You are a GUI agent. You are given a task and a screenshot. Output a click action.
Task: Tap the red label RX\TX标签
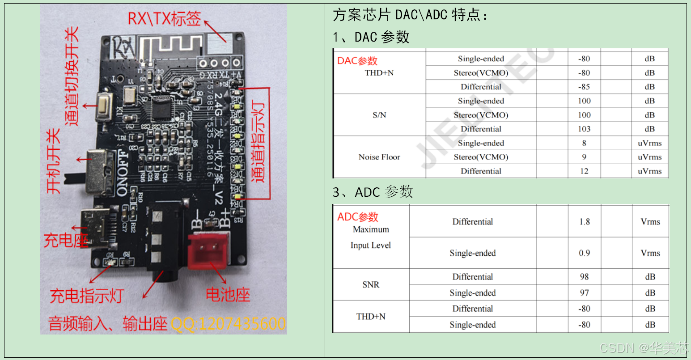click(x=164, y=18)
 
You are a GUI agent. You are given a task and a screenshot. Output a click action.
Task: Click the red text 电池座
click(x=228, y=294)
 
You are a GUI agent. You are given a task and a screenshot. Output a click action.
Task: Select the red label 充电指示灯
click(x=87, y=296)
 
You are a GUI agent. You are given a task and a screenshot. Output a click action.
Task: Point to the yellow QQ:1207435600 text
click(x=228, y=323)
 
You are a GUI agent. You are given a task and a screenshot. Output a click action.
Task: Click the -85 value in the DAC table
click(x=584, y=87)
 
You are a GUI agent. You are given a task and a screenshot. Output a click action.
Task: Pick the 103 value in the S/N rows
click(x=584, y=129)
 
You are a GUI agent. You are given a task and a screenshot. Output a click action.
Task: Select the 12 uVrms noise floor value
click(x=584, y=171)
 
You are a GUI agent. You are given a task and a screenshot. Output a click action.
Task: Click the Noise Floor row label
click(x=379, y=157)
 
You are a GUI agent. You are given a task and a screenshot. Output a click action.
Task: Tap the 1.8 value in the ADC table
click(x=584, y=222)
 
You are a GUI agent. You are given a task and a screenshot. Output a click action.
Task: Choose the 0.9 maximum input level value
click(x=584, y=253)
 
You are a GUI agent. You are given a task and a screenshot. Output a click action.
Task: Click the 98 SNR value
click(x=584, y=277)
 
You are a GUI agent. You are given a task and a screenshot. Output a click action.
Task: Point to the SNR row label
click(x=371, y=284)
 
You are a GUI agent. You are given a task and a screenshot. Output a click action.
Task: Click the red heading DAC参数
click(x=357, y=61)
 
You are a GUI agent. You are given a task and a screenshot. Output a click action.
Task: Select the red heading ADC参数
click(x=358, y=217)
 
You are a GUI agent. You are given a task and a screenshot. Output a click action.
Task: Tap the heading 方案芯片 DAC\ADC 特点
click(x=410, y=15)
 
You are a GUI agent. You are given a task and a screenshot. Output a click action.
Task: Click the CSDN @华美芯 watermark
click(x=644, y=347)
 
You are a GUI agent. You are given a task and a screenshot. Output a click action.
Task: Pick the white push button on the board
click(x=104, y=106)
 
